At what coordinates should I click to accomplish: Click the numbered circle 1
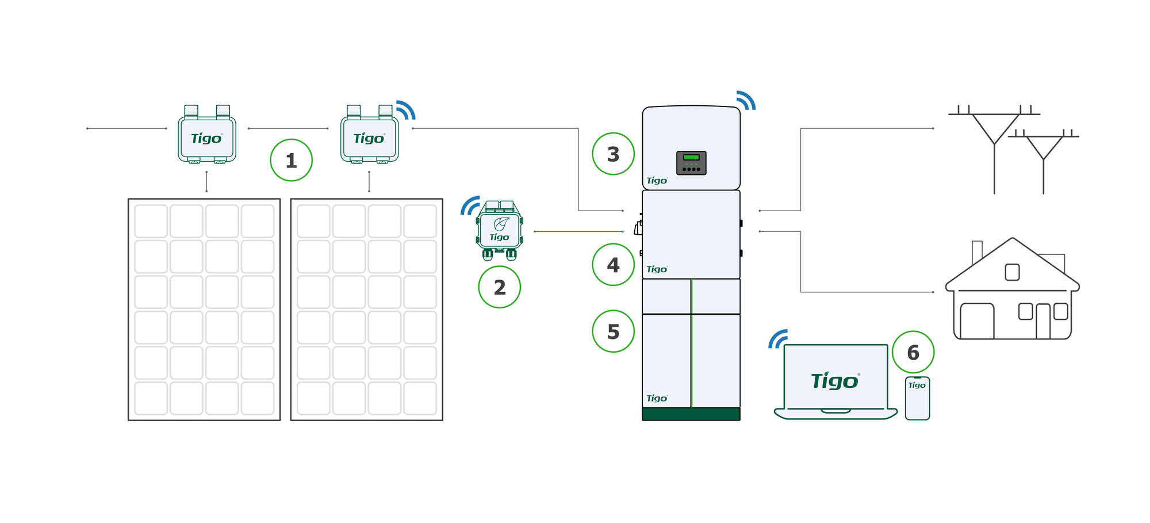click(x=291, y=160)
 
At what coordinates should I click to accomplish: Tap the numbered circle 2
click(x=499, y=287)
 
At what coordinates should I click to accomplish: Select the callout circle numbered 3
click(x=613, y=154)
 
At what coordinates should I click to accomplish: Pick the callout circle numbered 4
click(x=613, y=265)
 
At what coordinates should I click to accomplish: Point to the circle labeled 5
click(x=613, y=331)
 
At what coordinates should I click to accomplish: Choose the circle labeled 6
click(x=913, y=352)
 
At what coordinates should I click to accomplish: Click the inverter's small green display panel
click(x=691, y=157)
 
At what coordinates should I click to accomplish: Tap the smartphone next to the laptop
click(x=917, y=399)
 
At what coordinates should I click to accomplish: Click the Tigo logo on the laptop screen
click(x=835, y=380)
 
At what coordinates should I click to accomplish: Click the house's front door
click(x=1043, y=322)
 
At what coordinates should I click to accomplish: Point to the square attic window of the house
click(x=1012, y=272)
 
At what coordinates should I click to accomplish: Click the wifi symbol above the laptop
click(x=777, y=339)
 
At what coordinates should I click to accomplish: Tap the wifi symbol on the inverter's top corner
click(x=746, y=100)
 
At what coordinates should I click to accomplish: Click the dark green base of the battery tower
click(x=691, y=414)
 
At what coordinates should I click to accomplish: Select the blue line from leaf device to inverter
click(x=578, y=231)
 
